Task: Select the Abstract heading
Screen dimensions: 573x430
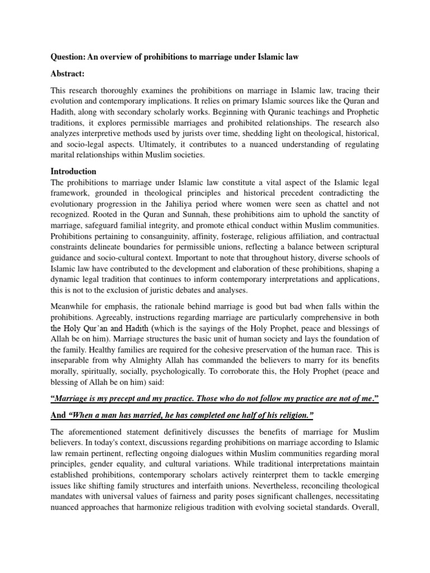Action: coord(68,73)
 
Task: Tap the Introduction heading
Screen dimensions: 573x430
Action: coord(73,171)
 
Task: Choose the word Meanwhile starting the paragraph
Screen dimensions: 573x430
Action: coord(72,306)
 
